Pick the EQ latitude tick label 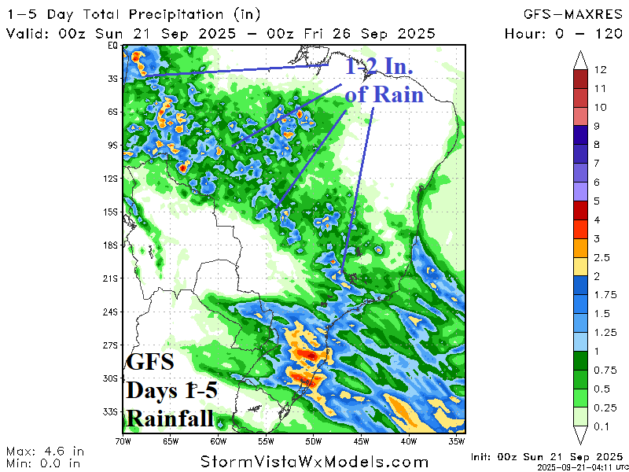click(112, 46)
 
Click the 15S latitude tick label click(111, 212)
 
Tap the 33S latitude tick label click(111, 411)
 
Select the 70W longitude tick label click(123, 441)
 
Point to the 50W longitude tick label click(312, 441)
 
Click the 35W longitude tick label click(458, 441)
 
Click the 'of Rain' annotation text click(384, 95)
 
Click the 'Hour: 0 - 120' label click(563, 33)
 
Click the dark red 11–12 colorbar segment click(581, 79)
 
